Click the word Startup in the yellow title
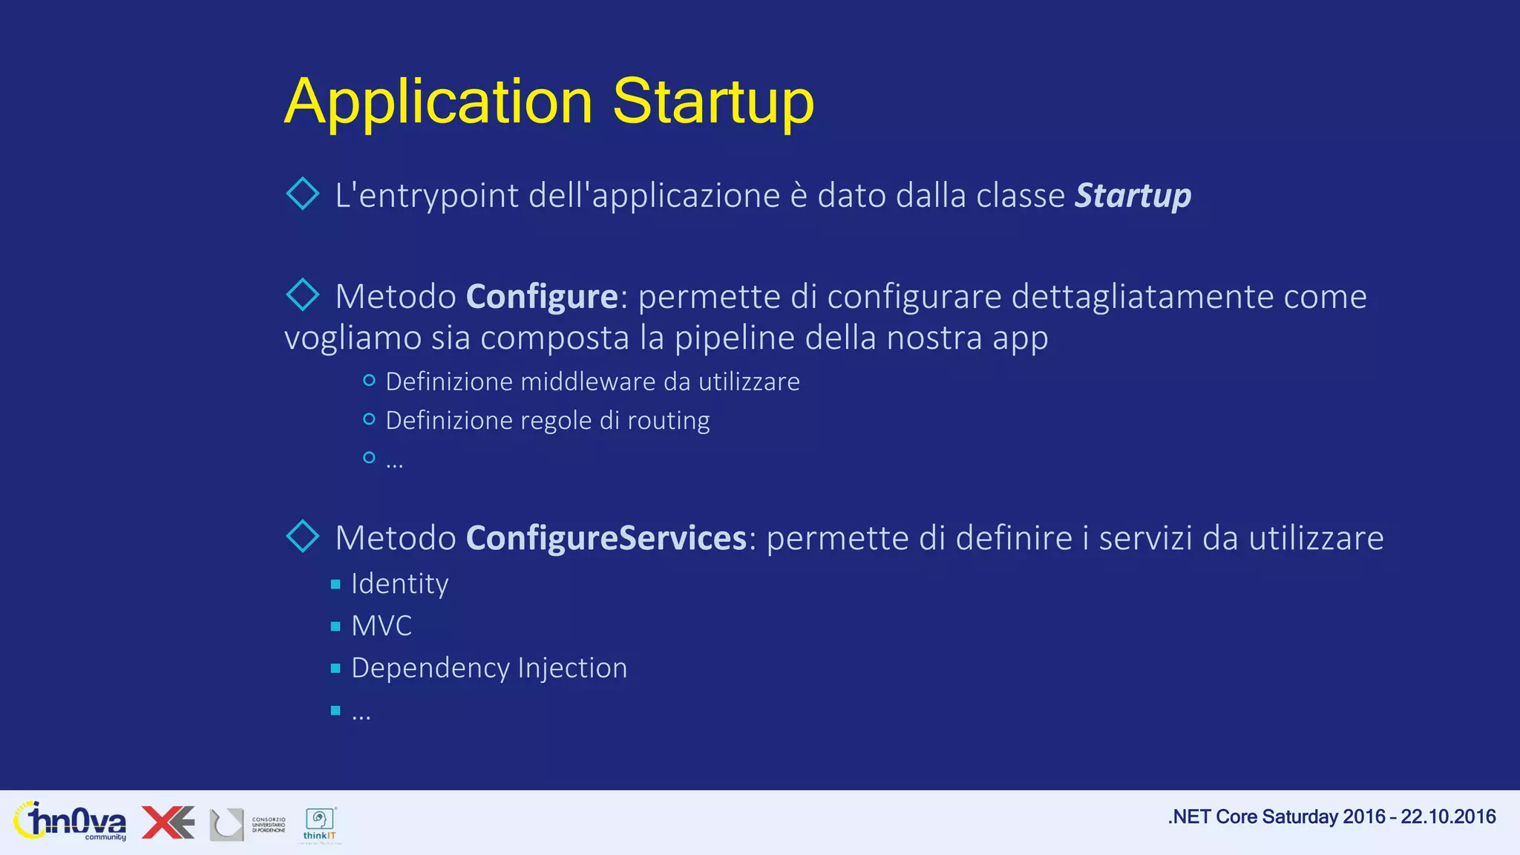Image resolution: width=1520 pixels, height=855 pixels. (x=712, y=102)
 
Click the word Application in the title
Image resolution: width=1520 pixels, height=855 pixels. (x=439, y=102)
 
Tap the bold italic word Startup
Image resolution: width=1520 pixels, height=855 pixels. (x=1133, y=195)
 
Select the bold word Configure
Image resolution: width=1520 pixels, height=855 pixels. (x=542, y=297)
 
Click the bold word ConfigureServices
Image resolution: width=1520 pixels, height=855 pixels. (x=606, y=538)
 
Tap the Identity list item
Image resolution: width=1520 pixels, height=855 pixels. (x=399, y=584)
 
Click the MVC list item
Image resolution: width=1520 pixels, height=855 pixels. (x=381, y=626)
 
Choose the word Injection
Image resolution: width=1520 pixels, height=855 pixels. (x=572, y=668)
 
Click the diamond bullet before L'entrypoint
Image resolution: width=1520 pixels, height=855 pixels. (x=303, y=194)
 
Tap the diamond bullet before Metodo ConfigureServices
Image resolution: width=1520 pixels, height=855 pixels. (x=303, y=536)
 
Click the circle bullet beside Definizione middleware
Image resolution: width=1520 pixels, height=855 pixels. (x=369, y=381)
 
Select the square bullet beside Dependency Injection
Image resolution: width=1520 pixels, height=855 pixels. (x=335, y=669)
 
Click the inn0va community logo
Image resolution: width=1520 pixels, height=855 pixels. (x=70, y=822)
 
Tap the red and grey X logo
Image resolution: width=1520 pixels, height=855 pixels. (x=168, y=822)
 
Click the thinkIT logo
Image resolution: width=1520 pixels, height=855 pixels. (x=321, y=824)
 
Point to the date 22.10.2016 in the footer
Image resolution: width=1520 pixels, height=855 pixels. (x=1448, y=817)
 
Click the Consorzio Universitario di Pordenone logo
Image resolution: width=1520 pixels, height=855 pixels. (x=247, y=825)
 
